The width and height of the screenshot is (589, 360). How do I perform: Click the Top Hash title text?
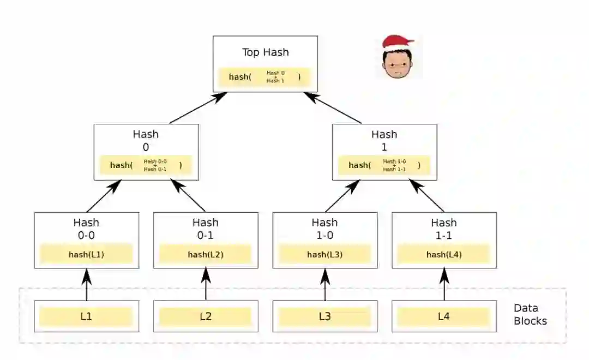tap(266, 52)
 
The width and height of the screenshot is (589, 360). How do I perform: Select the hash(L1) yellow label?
tap(86, 254)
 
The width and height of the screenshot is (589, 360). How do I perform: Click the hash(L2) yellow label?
tap(206, 254)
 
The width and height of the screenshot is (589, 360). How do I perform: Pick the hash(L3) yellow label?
tap(324, 254)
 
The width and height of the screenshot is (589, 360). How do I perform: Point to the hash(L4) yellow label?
tap(444, 254)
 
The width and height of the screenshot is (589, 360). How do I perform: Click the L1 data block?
tap(86, 316)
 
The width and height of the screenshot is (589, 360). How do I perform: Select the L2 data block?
tap(206, 316)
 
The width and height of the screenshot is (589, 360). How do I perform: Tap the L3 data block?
tap(324, 316)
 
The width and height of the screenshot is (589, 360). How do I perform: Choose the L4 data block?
tap(444, 316)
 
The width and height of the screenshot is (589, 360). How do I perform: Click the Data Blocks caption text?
tap(530, 315)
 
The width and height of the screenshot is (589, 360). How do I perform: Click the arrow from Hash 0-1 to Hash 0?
tap(188, 195)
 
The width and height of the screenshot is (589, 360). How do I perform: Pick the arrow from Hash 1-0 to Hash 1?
tap(342, 195)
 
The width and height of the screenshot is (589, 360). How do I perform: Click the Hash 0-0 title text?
tap(86, 229)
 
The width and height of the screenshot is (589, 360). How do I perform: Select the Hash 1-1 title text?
tap(444, 229)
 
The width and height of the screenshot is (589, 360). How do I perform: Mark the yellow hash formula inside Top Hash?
tap(265, 77)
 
